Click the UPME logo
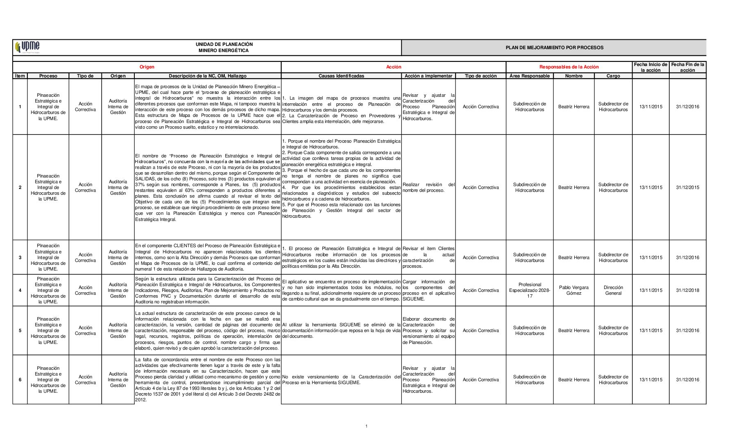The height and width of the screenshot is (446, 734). click(x=27, y=47)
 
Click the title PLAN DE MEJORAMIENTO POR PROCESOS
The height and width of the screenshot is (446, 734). click(x=554, y=48)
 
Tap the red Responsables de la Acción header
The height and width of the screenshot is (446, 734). click(x=569, y=67)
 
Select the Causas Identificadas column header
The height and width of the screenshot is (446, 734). click(x=341, y=76)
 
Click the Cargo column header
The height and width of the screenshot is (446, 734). click(x=613, y=76)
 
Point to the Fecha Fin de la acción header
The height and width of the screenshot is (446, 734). click(x=687, y=67)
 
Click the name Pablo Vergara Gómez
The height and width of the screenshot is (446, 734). click(x=573, y=290)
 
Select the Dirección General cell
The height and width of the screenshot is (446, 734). click(x=613, y=290)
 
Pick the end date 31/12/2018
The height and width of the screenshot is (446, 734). click(x=687, y=290)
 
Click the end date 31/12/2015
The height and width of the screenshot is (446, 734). click(x=687, y=187)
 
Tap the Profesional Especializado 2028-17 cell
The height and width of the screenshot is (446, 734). click(x=529, y=290)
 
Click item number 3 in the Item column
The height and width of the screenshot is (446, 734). click(x=20, y=257)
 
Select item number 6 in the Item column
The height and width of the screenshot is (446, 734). click(x=20, y=380)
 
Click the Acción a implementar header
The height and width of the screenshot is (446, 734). click(x=428, y=76)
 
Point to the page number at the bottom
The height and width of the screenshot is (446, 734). click(x=366, y=426)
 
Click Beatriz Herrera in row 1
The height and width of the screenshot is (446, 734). click(x=573, y=107)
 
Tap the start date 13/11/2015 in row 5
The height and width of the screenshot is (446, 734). click(x=650, y=330)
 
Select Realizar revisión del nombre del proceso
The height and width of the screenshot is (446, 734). click(x=428, y=187)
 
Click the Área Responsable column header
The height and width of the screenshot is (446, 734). click(x=529, y=76)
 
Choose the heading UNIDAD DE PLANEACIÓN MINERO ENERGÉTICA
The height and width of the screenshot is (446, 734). click(x=224, y=47)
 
